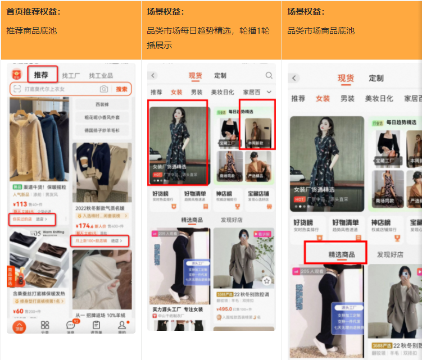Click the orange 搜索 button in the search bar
click(x=121, y=89)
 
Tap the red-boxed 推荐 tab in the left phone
click(x=41, y=75)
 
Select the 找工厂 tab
click(x=71, y=75)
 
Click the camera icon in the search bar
click(x=103, y=89)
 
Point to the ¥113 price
click(x=20, y=204)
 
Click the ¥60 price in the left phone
click(x=19, y=311)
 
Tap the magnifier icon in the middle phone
click(x=269, y=76)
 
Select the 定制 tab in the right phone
click(x=376, y=79)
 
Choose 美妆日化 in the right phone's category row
click(x=379, y=99)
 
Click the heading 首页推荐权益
click(x=34, y=12)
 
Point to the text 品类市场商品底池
click(x=321, y=31)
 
